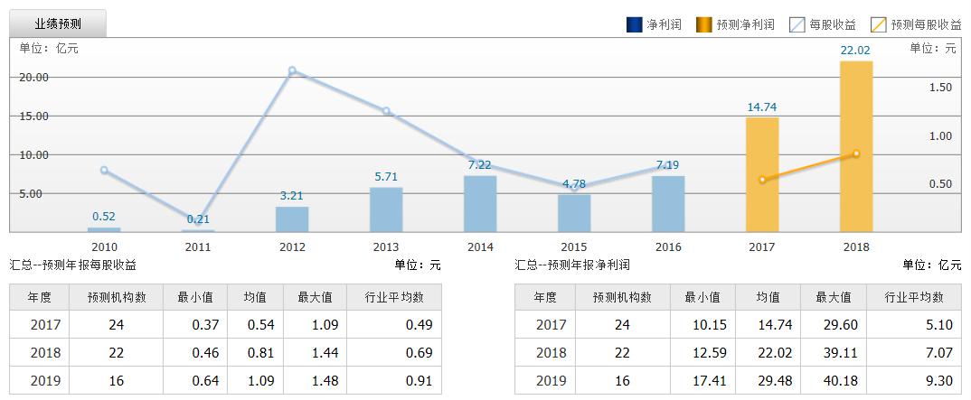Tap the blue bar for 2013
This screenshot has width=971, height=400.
click(386, 209)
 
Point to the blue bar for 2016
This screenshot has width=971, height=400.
click(668, 203)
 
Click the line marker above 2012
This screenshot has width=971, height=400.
click(292, 70)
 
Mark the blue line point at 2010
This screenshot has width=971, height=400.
click(104, 170)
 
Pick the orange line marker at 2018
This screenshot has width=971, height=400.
click(856, 153)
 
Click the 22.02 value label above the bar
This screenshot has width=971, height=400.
click(855, 51)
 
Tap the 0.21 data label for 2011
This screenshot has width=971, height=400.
click(198, 219)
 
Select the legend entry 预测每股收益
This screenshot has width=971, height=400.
click(917, 25)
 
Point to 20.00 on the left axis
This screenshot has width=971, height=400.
click(34, 78)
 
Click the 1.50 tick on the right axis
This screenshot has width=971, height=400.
click(940, 88)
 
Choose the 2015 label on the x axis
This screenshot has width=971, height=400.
click(574, 247)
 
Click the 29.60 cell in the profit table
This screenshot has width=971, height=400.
click(834, 325)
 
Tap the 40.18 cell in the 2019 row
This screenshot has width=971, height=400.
click(834, 381)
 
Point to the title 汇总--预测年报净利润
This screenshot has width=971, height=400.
click(572, 265)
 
